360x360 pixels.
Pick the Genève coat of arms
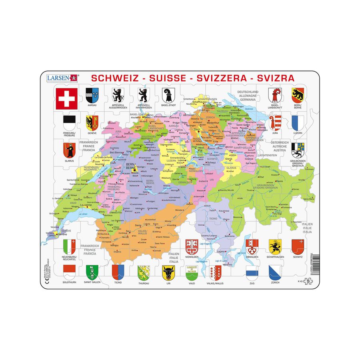coord(92,122)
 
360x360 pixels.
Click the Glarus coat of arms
coord(69,150)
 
